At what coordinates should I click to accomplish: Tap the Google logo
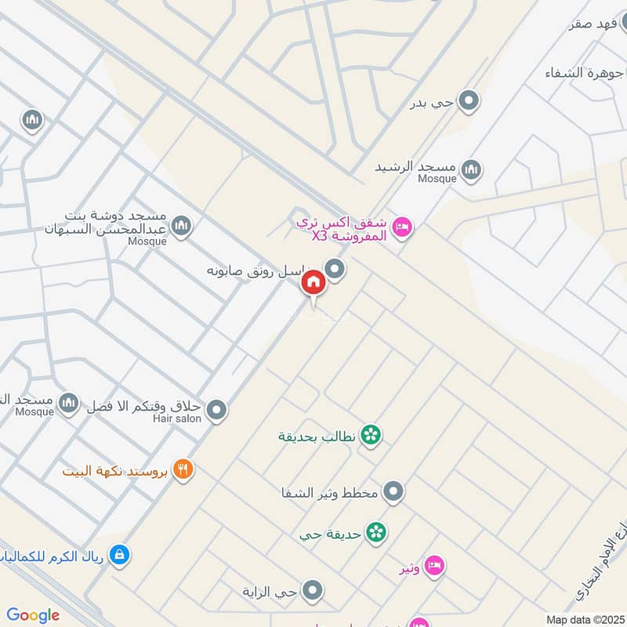[x=33, y=615]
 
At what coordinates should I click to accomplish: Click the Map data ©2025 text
[x=583, y=619]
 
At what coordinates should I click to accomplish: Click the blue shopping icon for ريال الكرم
[x=118, y=555]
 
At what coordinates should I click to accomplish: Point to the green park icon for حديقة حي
[x=377, y=532]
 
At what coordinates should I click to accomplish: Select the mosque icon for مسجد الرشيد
[x=471, y=169]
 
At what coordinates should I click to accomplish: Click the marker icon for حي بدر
[x=469, y=101]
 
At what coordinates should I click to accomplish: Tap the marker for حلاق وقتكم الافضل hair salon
[x=217, y=409]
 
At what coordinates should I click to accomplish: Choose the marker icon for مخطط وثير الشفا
[x=393, y=492]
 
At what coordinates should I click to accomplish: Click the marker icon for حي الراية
[x=313, y=591]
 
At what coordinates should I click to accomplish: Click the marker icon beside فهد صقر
[x=620, y=24]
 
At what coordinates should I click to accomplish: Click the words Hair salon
[x=178, y=419]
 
